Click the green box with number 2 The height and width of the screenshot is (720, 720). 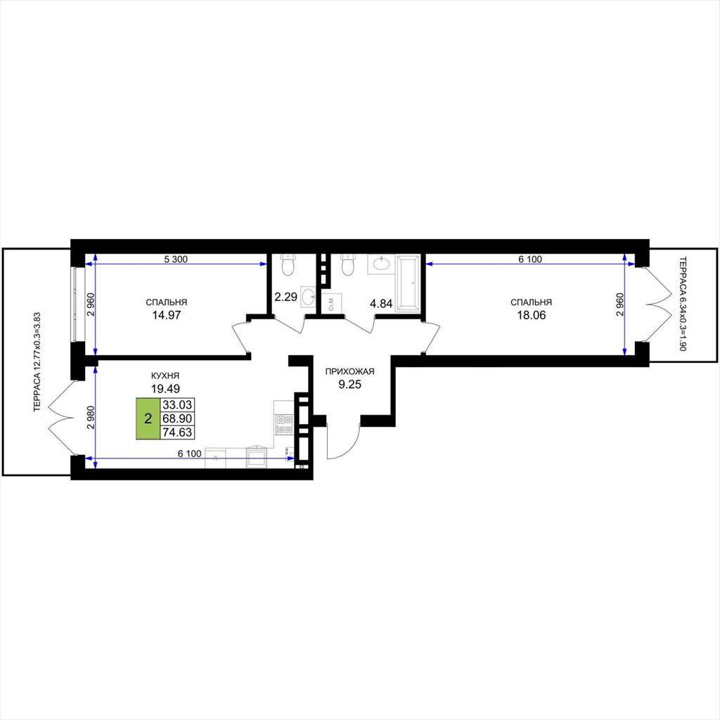coord(148,418)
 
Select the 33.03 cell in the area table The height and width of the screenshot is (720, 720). coord(177,404)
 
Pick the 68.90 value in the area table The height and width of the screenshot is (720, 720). coord(177,418)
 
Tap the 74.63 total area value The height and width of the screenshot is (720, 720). coord(177,432)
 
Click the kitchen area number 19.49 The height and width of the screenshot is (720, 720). coord(165,389)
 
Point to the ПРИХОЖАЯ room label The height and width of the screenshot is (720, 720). coord(350,371)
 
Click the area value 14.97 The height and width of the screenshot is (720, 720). coord(166,315)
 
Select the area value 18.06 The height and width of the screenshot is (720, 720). coord(532,315)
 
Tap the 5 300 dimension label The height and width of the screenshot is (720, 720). coord(176,259)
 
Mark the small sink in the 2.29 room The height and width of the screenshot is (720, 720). coord(308,297)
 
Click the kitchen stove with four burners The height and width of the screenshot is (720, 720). coord(284,424)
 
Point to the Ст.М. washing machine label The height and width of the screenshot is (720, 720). coord(332,303)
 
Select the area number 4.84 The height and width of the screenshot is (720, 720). coord(381,303)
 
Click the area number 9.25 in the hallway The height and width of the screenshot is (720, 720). coord(350,385)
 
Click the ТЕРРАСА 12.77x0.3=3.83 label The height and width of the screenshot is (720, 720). coord(38,362)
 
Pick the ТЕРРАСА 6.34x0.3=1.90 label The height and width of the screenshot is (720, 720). coord(682,304)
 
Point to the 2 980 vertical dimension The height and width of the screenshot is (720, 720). coord(91,417)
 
